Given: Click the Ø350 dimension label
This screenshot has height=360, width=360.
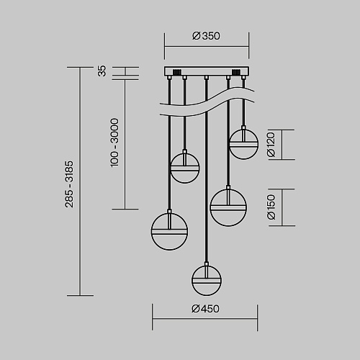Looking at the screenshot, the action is point(206,36).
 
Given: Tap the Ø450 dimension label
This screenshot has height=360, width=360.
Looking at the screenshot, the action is point(205,309).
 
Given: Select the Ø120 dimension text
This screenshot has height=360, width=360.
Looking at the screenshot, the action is point(271,145).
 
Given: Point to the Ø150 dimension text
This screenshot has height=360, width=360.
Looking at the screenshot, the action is point(271,207).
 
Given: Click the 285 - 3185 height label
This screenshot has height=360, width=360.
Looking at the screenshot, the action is point(69,184).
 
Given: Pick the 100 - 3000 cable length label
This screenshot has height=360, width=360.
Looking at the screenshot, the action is point(114,143).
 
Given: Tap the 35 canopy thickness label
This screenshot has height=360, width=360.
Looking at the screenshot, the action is point(102,71).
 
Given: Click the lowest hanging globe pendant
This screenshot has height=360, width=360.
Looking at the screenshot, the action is point(207,280).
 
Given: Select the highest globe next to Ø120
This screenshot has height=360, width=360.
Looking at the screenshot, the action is point(243,144).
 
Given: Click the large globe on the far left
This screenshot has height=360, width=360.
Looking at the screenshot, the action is point(169,232).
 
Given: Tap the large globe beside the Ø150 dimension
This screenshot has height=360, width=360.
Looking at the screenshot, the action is point(228,207).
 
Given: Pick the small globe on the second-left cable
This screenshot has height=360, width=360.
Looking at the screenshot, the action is point(185,168).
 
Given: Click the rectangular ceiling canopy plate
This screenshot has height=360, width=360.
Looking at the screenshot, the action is point(207,71).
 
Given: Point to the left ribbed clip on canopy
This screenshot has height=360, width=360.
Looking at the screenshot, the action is point(176,72).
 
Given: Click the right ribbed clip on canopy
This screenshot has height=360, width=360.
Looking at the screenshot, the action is point(236,72).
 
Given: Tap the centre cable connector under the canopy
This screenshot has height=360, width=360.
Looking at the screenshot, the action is point(207,78).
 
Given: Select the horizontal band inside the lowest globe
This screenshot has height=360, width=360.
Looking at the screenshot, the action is point(207,281).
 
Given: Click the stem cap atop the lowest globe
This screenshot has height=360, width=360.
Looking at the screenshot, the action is point(207,264).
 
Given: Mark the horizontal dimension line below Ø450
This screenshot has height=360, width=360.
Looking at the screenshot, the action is point(204,319).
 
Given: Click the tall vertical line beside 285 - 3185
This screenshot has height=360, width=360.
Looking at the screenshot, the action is point(80,181).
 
